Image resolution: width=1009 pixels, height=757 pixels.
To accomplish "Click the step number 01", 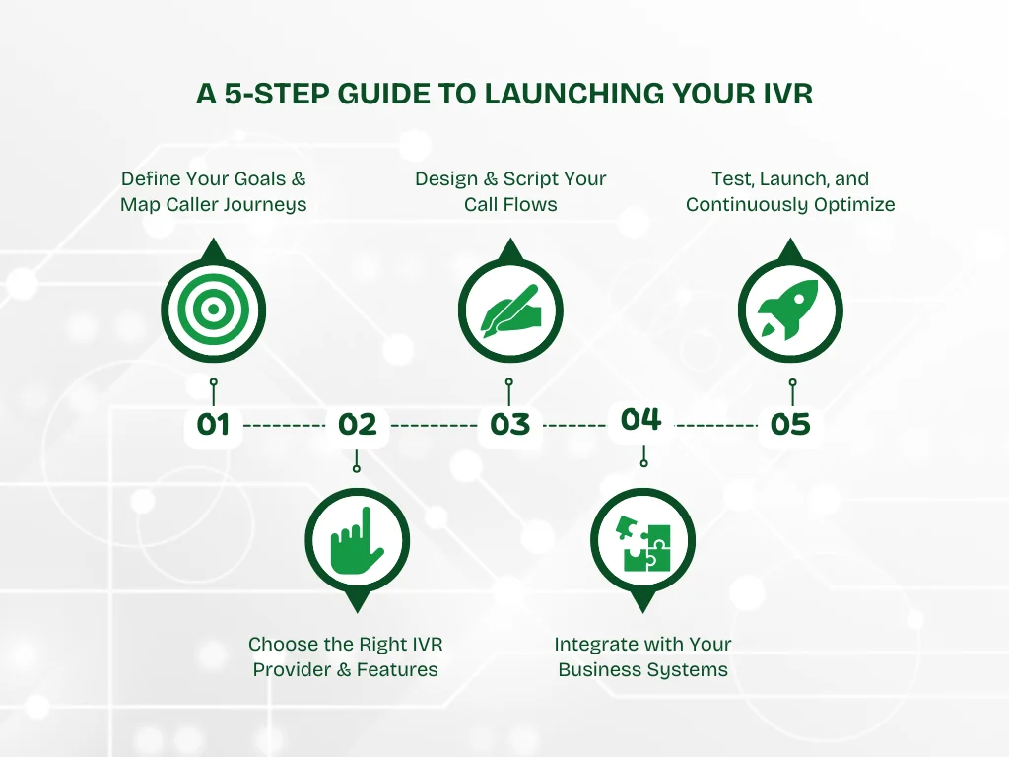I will tap(213, 425).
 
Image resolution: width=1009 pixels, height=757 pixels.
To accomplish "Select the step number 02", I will tap(357, 425).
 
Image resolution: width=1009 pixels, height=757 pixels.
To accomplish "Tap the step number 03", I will tap(509, 425).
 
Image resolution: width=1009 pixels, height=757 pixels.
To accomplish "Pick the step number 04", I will tap(640, 419).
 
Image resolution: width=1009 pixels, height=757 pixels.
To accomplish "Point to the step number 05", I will tap(790, 425).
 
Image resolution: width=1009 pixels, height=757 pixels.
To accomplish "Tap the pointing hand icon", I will tap(357, 540).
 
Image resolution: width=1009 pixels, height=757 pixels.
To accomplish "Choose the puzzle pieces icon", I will tap(642, 540).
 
